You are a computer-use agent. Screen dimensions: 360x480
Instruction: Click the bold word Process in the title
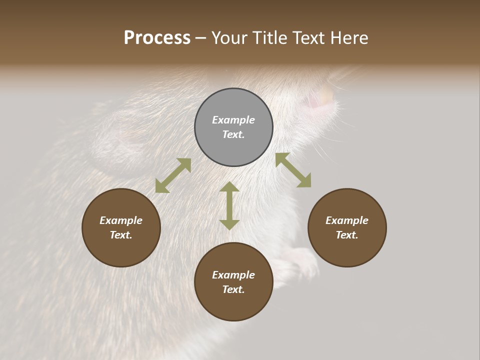coord(157,38)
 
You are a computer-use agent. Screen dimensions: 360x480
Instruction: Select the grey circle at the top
coord(233,127)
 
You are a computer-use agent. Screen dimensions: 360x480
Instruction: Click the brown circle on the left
coord(121,227)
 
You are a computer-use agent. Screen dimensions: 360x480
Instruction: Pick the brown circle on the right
coord(347,227)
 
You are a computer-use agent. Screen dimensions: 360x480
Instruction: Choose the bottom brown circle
coord(233,281)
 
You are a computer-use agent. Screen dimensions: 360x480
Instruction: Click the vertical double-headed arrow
coord(229,205)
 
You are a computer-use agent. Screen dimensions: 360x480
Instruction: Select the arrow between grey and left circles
coord(173,175)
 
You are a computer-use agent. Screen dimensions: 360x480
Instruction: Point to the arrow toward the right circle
coord(293,170)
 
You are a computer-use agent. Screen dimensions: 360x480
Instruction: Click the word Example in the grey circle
coord(233,120)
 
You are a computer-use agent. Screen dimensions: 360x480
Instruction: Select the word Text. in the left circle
coord(121,235)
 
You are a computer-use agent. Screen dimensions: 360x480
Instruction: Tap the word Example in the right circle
coord(347,220)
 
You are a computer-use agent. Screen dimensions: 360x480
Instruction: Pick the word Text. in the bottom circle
coord(233,289)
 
